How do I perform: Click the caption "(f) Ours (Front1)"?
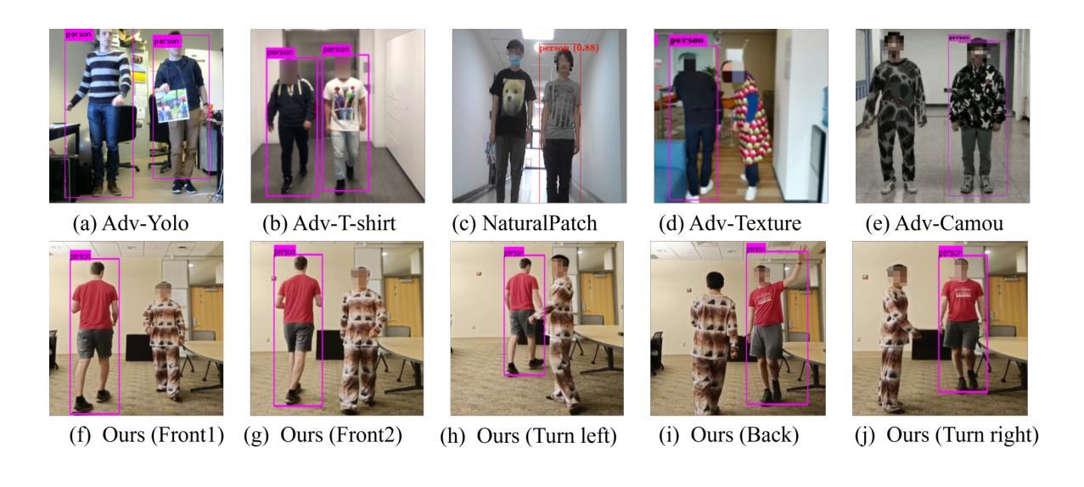(x=146, y=436)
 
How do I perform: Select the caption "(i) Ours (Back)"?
(x=730, y=436)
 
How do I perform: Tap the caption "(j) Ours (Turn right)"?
(x=950, y=436)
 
